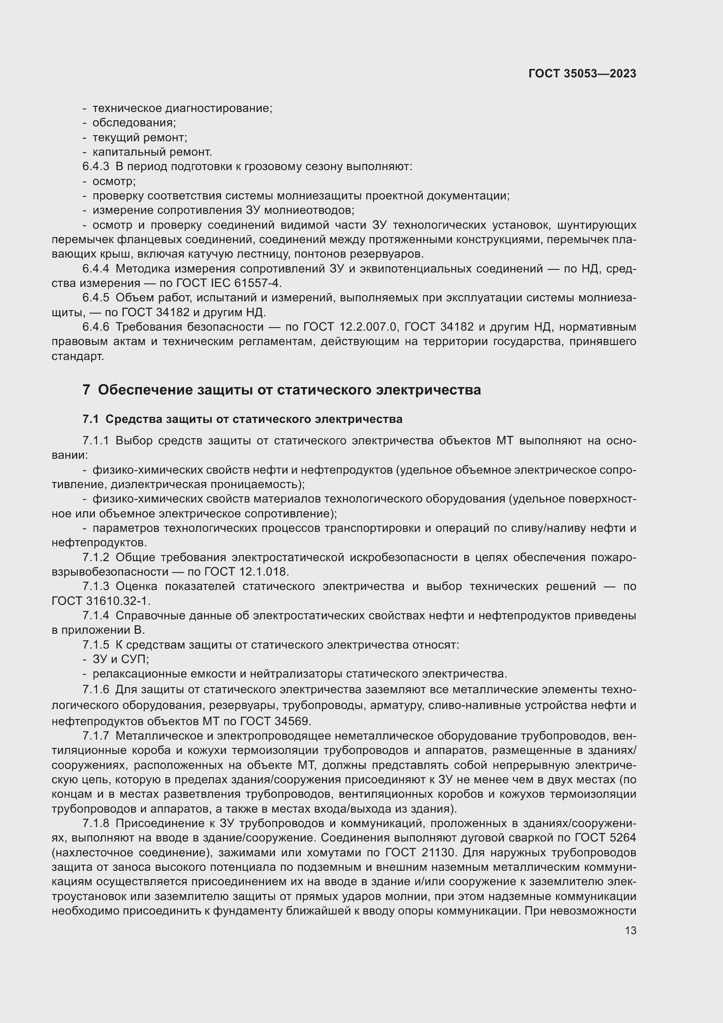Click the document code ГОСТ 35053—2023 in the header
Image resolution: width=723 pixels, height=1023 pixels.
[582, 73]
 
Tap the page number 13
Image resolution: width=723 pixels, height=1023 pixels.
[630, 930]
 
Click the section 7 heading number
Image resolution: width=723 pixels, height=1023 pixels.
[86, 390]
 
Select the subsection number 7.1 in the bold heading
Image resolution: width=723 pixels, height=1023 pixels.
[90, 419]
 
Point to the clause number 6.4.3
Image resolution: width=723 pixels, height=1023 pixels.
[95, 167]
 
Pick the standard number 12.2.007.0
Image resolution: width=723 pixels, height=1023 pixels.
[367, 327]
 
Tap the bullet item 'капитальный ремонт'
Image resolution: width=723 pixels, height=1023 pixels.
[152, 152]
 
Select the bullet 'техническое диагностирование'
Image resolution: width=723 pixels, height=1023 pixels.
[182, 108]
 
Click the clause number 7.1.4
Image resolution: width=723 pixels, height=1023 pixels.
[95, 616]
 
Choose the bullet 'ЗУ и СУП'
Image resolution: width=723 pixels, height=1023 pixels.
[120, 659]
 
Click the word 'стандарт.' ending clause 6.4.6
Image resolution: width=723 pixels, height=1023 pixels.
[77, 356]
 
